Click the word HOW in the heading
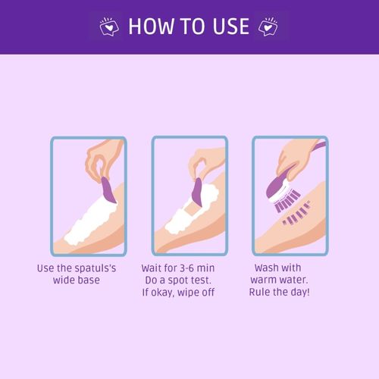pyautogui.click(x=151, y=27)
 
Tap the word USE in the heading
pyautogui.click(x=230, y=27)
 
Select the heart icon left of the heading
pyautogui.click(x=109, y=27)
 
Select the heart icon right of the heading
pyautogui.click(x=268, y=27)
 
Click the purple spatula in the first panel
pyautogui.click(x=108, y=190)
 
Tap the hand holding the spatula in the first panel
pyautogui.click(x=102, y=159)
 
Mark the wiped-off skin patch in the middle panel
pyautogui.click(x=192, y=208)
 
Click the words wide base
pyautogui.click(x=77, y=280)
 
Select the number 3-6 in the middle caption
pyautogui.click(x=187, y=268)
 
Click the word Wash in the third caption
pyautogui.click(x=266, y=268)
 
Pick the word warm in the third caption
pyautogui.click(x=263, y=280)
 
